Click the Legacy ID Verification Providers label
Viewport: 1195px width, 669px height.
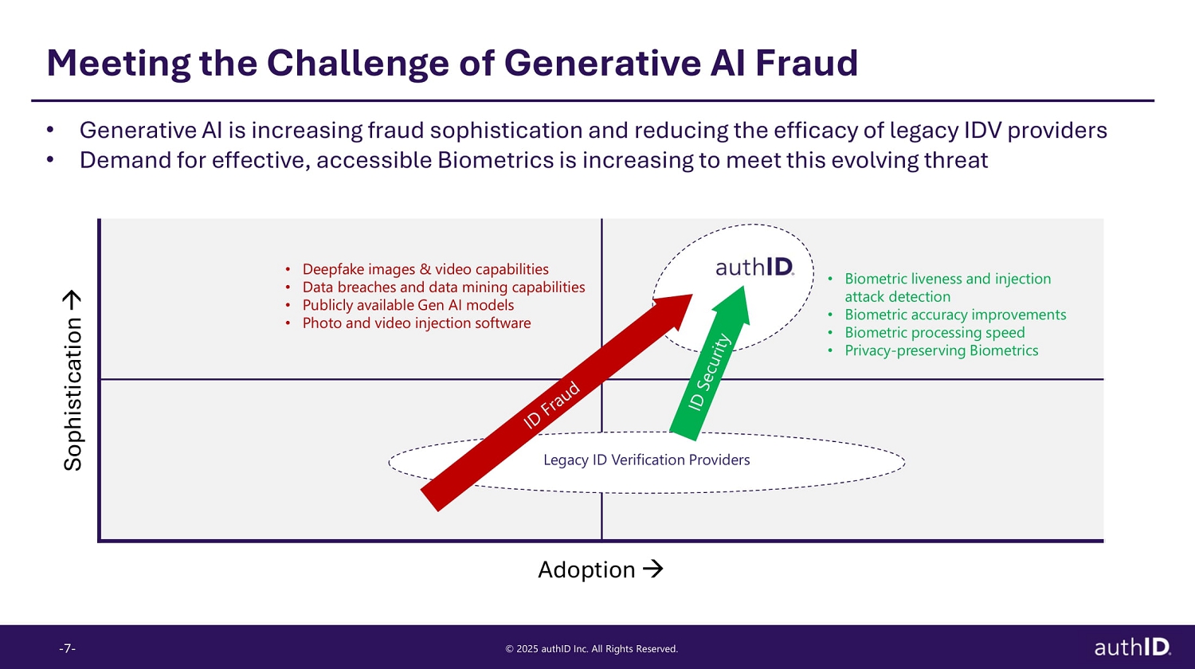[x=646, y=460]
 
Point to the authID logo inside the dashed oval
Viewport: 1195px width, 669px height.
[x=754, y=267]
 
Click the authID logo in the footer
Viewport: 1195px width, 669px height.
[x=1132, y=647]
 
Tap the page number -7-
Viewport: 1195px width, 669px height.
[x=67, y=648]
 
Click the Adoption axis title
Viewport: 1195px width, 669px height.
[x=586, y=569]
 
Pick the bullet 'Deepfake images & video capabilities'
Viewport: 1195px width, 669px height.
[x=425, y=269]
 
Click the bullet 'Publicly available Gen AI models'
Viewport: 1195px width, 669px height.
[x=408, y=305]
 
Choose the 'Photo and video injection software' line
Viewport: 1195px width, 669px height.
[x=416, y=323]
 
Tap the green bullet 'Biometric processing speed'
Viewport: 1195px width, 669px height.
[x=934, y=333]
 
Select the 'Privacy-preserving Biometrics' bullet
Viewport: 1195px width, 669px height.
[x=941, y=350]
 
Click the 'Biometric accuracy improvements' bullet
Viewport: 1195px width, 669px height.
[x=955, y=315]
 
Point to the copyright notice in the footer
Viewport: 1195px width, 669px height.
[x=591, y=649]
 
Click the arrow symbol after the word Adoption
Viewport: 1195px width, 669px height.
[x=652, y=569]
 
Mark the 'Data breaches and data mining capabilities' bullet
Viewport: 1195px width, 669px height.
[x=443, y=288]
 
